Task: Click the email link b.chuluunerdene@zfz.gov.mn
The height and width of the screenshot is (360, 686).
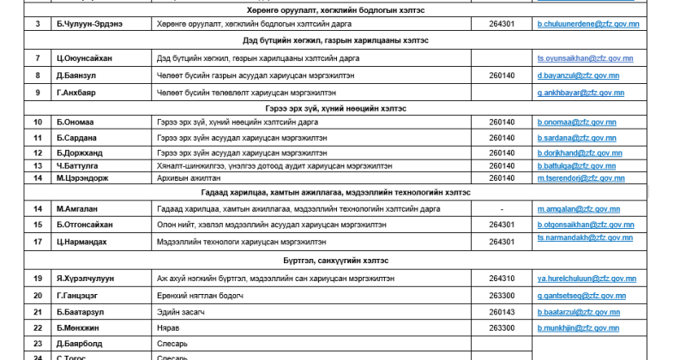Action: tap(587, 24)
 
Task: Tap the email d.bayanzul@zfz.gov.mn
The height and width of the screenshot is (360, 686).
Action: tap(577, 75)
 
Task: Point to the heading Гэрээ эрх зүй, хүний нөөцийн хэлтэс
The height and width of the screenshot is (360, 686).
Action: tap(335, 109)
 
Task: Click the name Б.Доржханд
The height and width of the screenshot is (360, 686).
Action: tap(83, 153)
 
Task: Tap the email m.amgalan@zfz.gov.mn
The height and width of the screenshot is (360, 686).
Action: tap(578, 208)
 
